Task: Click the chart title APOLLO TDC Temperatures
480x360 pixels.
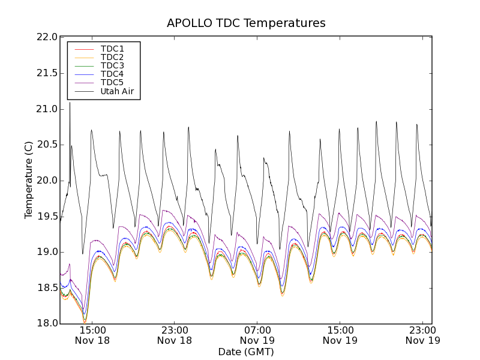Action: pyautogui.click(x=246, y=23)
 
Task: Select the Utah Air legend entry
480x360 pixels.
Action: pyautogui.click(x=117, y=92)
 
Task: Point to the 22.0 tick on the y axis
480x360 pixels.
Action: pyautogui.click(x=47, y=37)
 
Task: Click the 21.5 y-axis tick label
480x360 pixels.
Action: pyautogui.click(x=47, y=73)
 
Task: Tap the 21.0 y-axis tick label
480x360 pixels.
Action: pyautogui.click(x=47, y=109)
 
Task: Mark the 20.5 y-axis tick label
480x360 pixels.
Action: pyautogui.click(x=47, y=145)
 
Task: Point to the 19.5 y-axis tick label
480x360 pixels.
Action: pyautogui.click(x=47, y=216)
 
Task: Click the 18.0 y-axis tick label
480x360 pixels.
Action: pyautogui.click(x=47, y=323)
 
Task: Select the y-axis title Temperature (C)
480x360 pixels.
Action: pyautogui.click(x=29, y=180)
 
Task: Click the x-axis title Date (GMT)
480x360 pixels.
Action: pyautogui.click(x=246, y=352)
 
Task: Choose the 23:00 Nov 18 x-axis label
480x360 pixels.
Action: pyautogui.click(x=175, y=335)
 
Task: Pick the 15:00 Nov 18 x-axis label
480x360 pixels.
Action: pyautogui.click(x=92, y=335)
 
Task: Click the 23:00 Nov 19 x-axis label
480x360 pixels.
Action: pyautogui.click(x=422, y=335)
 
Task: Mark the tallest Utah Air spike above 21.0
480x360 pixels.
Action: pyautogui.click(x=70, y=103)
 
